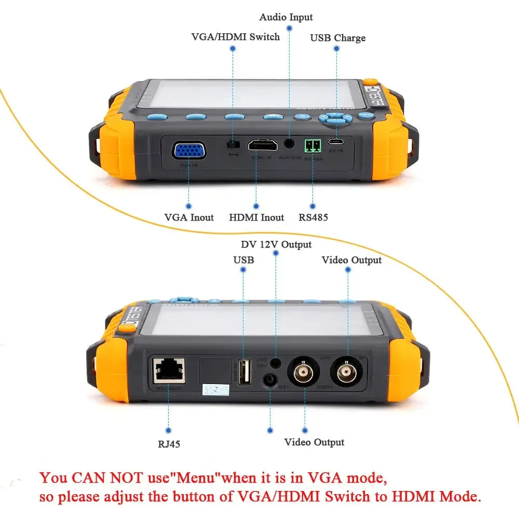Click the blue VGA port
tap(189, 151)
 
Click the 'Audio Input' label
tap(286, 17)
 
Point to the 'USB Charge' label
tap(338, 38)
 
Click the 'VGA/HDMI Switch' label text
tap(236, 37)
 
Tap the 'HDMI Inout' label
tap(256, 217)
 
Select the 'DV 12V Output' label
tap(276, 244)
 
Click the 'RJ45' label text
tap(169, 444)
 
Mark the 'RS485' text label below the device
tap(313, 217)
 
